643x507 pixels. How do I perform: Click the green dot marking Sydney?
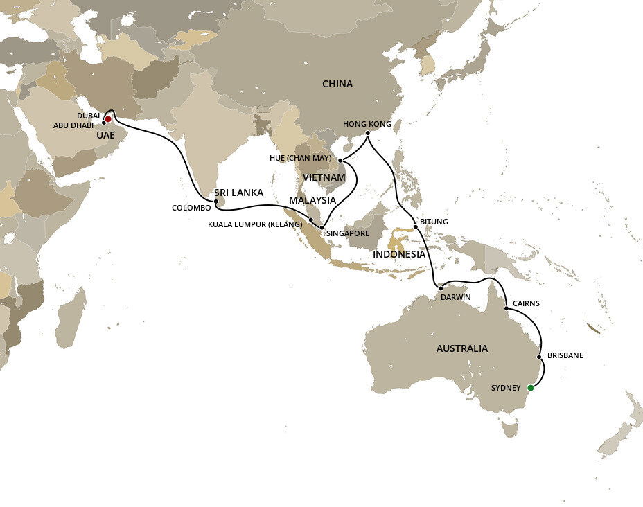point(531,388)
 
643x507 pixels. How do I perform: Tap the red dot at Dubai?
point(108,119)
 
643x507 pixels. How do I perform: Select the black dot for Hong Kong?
point(367,133)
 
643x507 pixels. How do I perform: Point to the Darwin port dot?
point(440,287)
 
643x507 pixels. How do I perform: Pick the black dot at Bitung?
point(415,226)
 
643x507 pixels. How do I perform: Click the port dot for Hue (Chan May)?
point(340,161)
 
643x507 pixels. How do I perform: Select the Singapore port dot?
point(321,227)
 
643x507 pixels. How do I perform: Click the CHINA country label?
point(337,84)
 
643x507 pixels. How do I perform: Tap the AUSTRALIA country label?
point(461,348)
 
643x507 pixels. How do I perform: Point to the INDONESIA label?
point(398,254)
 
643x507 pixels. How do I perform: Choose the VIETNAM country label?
point(323,178)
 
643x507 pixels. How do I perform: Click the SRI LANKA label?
point(239,193)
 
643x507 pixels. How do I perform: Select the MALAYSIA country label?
point(312,200)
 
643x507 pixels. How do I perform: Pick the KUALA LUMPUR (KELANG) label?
point(255,224)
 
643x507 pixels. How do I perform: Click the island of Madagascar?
point(70,319)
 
